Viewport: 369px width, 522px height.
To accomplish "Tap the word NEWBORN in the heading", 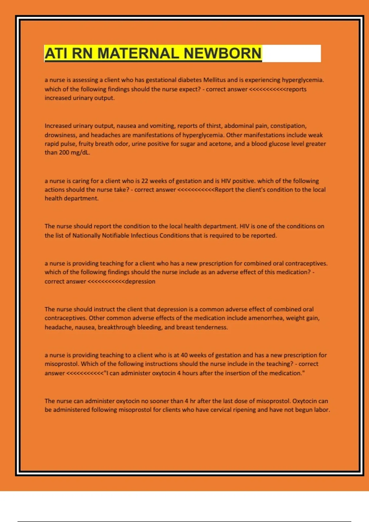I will pos(222,53).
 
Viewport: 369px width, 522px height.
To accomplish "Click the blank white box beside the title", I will pos(291,53).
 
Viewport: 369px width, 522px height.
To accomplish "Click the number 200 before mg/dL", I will pos(64,153).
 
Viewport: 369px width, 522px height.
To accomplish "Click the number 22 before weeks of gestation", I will pos(145,181).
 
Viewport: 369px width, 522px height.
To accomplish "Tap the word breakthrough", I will pos(117,327).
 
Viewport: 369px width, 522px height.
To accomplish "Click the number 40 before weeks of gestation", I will pos(184,355).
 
